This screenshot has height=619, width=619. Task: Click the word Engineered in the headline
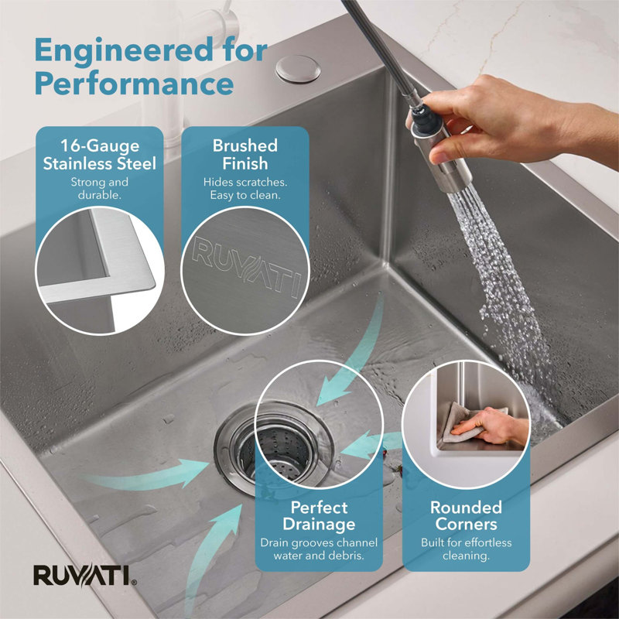(124, 50)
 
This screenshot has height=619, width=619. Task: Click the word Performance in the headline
(134, 84)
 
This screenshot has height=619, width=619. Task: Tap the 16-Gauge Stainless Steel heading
(100, 154)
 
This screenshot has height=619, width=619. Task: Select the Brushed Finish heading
(245, 154)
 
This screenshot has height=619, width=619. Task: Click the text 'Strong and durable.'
(100, 188)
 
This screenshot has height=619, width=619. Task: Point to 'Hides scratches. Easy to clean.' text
(245, 188)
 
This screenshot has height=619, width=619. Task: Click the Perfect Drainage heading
(319, 515)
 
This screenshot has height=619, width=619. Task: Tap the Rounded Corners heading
(467, 515)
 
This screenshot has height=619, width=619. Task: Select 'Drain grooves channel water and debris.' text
(319, 549)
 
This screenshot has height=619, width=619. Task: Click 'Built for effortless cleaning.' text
(467, 549)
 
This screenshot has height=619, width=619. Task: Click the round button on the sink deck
(298, 69)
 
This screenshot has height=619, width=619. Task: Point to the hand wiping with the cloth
(491, 427)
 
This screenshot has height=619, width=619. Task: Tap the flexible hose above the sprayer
(379, 50)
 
